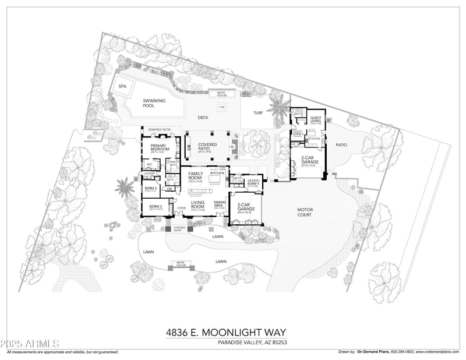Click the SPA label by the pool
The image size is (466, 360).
pos(122,86)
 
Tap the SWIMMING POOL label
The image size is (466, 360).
pos(154,103)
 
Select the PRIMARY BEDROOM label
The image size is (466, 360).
pos(159,147)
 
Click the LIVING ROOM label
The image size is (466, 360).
pos(198,205)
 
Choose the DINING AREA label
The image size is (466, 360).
pos(220,204)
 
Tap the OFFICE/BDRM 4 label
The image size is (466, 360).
pos(253,182)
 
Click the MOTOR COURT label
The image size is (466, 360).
pos(305,213)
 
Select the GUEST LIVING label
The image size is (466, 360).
pos(316,119)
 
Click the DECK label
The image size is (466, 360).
pos(203,117)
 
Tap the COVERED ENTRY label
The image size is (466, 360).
pos(179,229)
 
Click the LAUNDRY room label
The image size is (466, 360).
pos(149,174)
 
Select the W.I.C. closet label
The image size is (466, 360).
pos(149,165)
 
